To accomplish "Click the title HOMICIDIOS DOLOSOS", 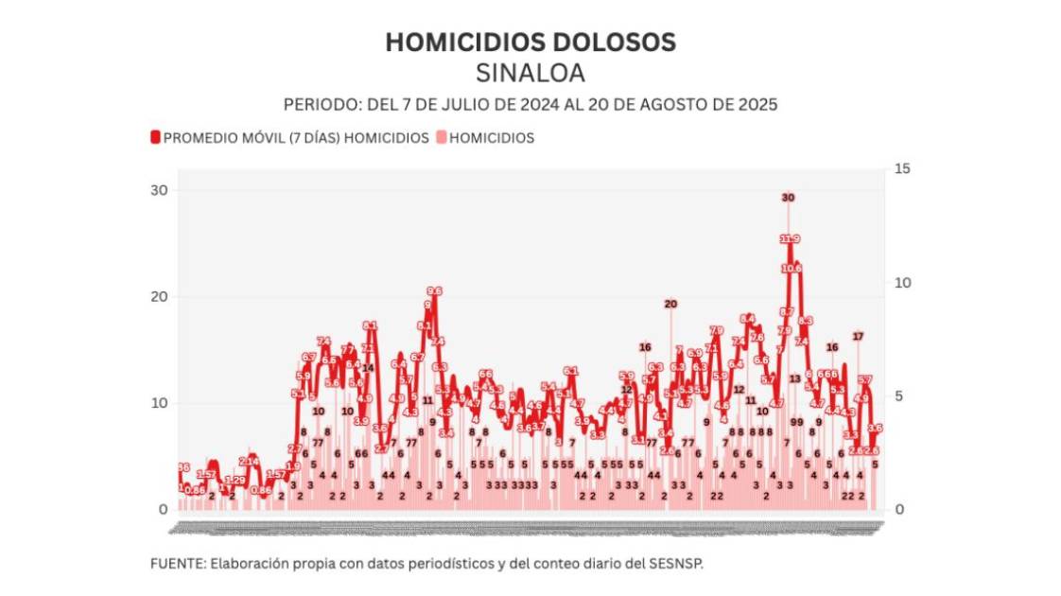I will (530, 43).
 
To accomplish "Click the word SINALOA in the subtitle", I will (530, 73).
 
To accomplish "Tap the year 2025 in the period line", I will (757, 104).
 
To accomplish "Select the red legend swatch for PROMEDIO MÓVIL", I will (155, 138).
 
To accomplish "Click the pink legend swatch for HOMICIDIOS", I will (441, 138).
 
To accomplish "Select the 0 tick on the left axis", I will (163, 510).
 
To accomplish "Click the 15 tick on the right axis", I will (901, 169).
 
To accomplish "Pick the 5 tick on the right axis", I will (901, 396).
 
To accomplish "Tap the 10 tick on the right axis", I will (901, 283).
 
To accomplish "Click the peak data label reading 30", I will (788, 198).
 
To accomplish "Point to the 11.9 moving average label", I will (791, 239).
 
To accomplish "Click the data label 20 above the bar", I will (670, 305).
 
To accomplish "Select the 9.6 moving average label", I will (434, 291).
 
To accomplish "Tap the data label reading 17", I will (858, 337).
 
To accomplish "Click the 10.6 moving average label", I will (792, 269).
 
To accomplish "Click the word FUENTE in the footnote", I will (173, 563).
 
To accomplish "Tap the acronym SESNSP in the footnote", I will (677, 563).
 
